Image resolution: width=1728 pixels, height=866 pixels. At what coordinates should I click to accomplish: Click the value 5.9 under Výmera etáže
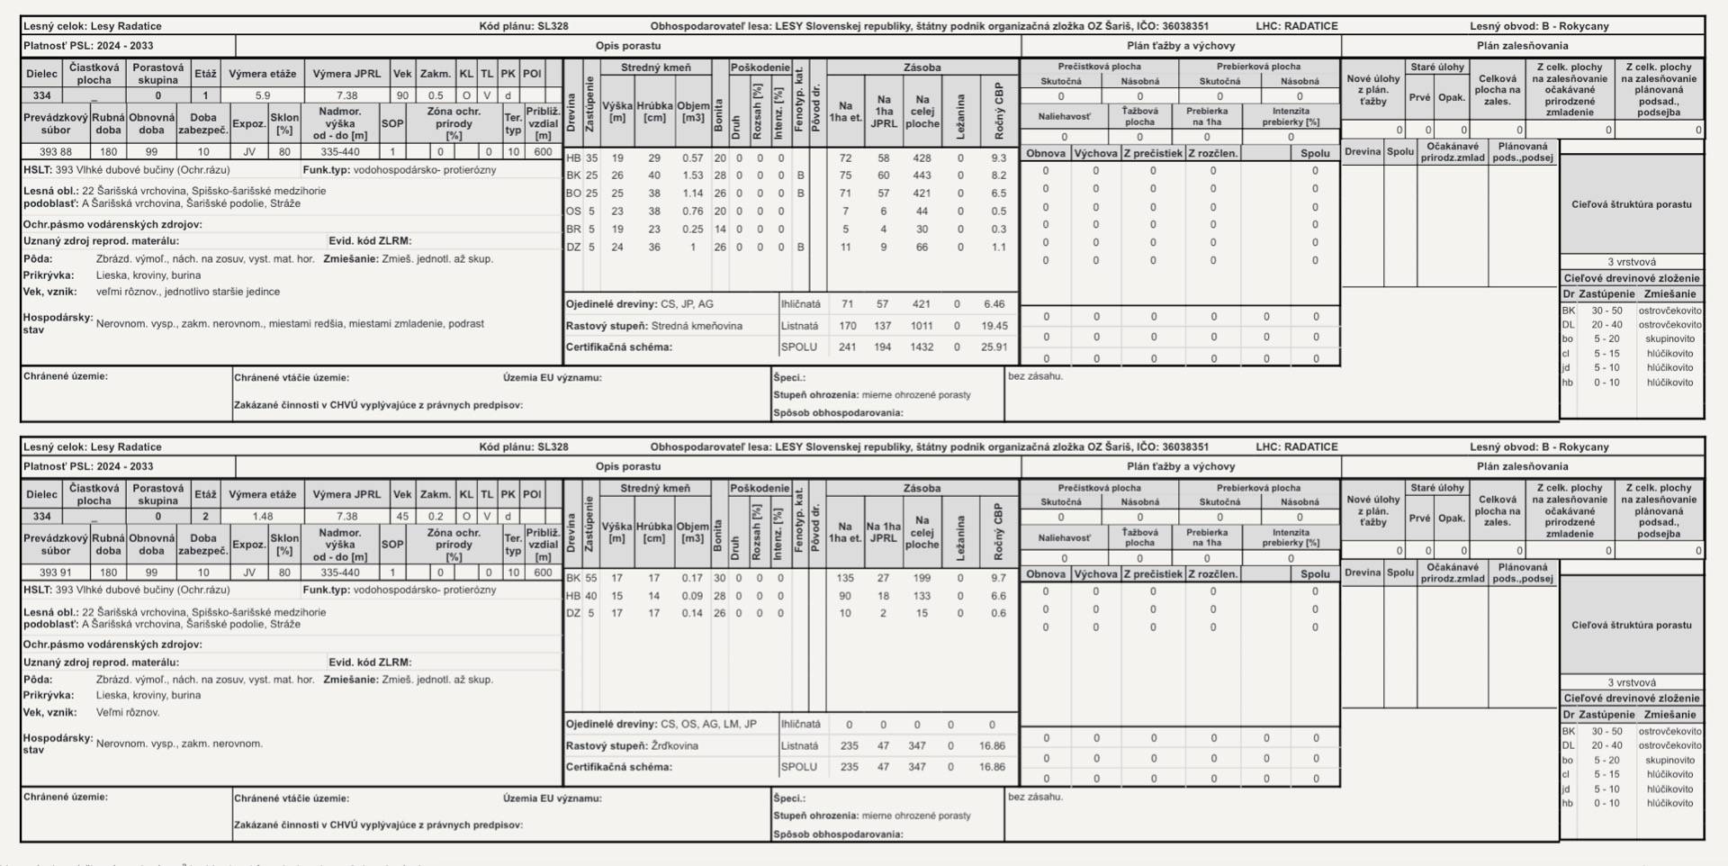click(262, 95)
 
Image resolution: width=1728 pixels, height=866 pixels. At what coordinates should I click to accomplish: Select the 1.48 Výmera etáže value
click(262, 517)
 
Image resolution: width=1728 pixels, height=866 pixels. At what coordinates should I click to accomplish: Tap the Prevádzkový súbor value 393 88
click(55, 152)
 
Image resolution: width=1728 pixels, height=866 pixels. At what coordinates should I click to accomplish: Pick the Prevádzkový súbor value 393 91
click(55, 573)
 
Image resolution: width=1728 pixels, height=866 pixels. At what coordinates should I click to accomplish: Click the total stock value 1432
click(922, 347)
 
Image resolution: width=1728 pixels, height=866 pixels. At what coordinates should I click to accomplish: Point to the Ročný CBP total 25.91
click(994, 347)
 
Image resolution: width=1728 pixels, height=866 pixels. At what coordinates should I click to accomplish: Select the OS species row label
click(573, 212)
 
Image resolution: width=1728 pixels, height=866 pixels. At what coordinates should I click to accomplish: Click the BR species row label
click(573, 230)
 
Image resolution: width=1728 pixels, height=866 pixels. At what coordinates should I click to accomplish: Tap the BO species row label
click(573, 194)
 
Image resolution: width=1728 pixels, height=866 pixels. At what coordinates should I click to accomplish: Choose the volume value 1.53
click(692, 176)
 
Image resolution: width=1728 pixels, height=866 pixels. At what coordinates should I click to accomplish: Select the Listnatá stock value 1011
click(922, 326)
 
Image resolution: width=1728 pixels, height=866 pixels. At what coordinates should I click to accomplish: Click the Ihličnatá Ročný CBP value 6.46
click(994, 304)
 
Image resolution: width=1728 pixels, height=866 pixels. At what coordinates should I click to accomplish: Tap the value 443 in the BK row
click(922, 176)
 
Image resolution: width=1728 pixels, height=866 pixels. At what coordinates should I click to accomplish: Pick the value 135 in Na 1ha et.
click(845, 578)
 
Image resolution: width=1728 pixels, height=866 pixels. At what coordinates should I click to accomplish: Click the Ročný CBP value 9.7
click(998, 578)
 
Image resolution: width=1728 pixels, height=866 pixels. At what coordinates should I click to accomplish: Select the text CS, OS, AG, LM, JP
click(708, 724)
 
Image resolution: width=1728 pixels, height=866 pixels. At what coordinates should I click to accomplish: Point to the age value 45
click(402, 517)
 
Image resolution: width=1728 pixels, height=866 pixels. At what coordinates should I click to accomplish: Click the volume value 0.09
click(692, 596)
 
